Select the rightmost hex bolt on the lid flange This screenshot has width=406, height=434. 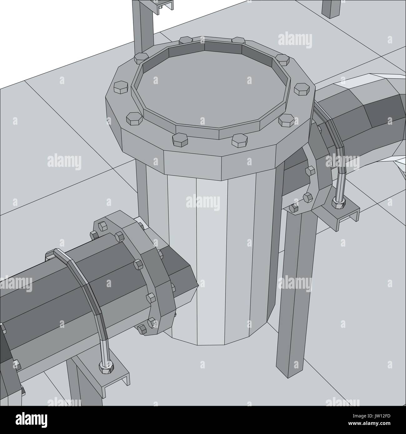pos(302,89)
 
